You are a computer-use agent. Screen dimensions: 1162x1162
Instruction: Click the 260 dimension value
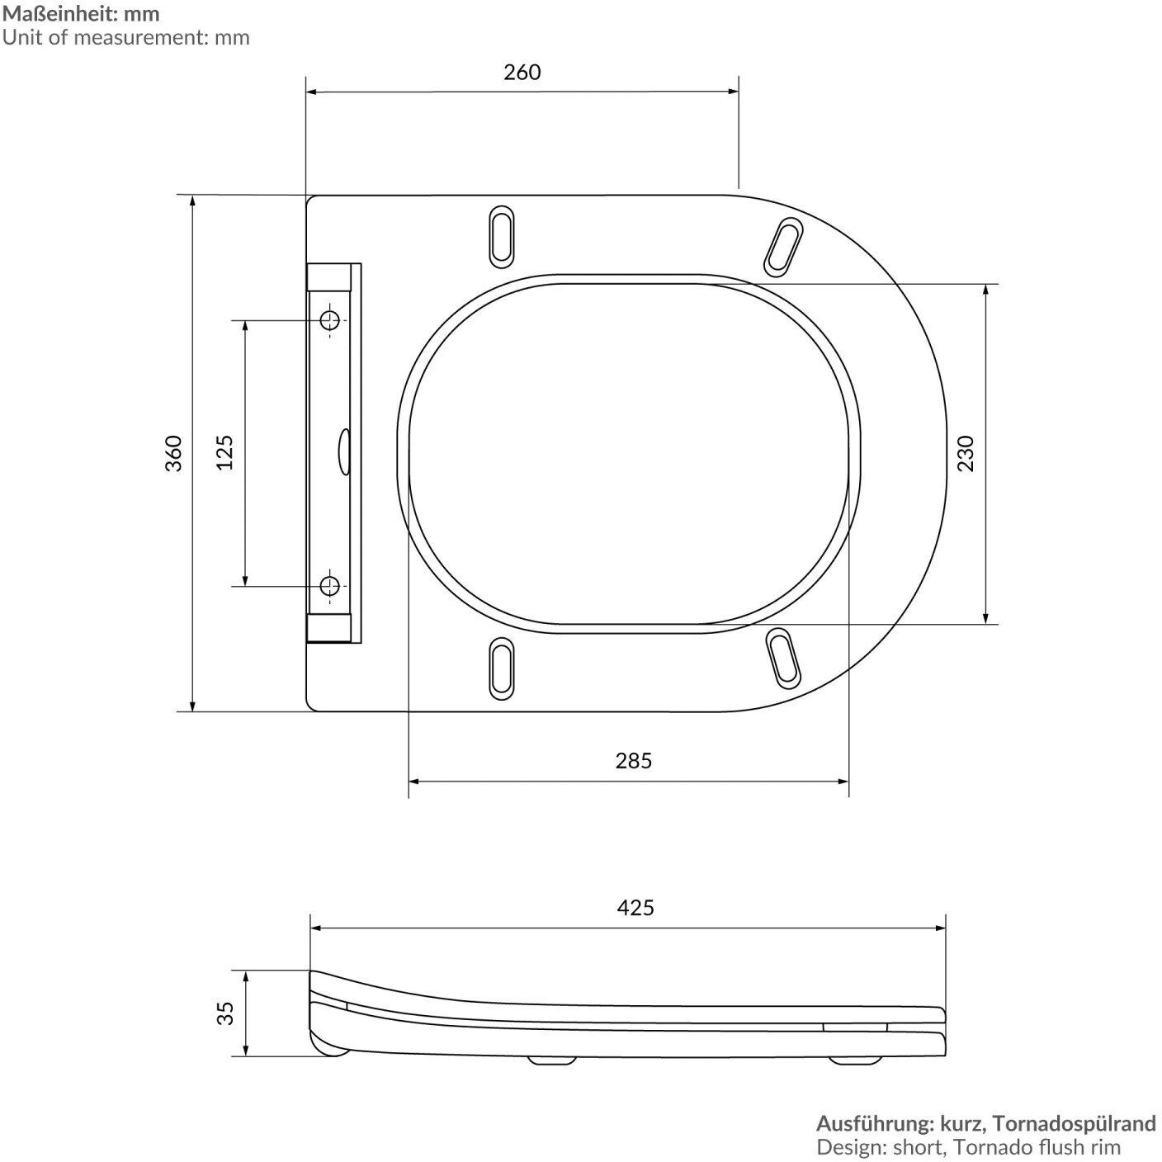(x=522, y=73)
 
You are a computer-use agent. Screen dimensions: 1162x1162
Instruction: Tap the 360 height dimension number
(x=173, y=453)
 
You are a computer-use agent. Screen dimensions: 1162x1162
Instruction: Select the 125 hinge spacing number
(x=225, y=453)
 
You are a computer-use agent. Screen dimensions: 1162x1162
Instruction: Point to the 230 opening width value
(x=966, y=453)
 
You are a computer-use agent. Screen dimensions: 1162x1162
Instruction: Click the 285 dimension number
(x=634, y=760)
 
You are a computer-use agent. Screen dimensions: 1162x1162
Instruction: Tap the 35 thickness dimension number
(x=225, y=1013)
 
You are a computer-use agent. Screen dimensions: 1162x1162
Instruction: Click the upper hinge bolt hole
(x=330, y=320)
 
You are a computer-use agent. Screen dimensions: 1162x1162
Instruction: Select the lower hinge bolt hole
(x=330, y=585)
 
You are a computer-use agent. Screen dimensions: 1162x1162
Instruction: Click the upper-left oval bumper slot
(x=501, y=236)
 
